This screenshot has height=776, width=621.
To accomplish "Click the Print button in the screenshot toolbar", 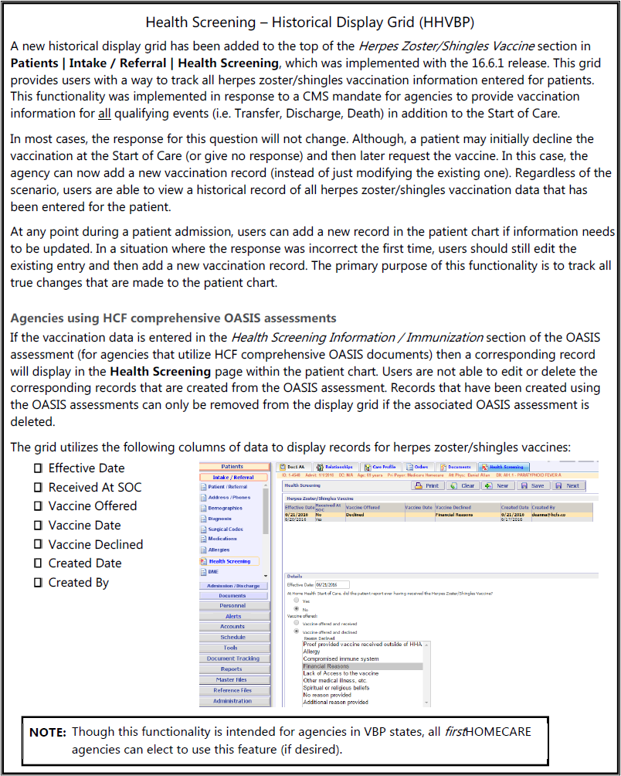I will coord(427,485).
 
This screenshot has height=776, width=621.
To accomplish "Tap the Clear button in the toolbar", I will coord(463,485).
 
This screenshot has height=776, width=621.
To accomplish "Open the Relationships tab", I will coord(337,467).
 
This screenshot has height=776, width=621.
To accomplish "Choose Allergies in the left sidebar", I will coord(219,550).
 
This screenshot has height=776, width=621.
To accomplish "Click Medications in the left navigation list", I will coord(222,539).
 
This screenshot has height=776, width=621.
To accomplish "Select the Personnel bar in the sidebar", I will coord(232,606).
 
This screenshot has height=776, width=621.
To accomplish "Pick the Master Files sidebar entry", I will coord(232,679).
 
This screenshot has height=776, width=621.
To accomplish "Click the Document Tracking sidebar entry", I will coord(232,659).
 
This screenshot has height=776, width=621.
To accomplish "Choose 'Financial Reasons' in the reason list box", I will coord(326,666).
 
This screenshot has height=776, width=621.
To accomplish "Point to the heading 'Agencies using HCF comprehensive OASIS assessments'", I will coord(174,318).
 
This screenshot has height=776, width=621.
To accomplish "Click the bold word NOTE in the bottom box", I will coord(47,731).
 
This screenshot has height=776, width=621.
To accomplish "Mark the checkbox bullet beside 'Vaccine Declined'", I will coord(37,544).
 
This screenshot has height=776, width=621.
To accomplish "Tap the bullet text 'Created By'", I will coord(78,583).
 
